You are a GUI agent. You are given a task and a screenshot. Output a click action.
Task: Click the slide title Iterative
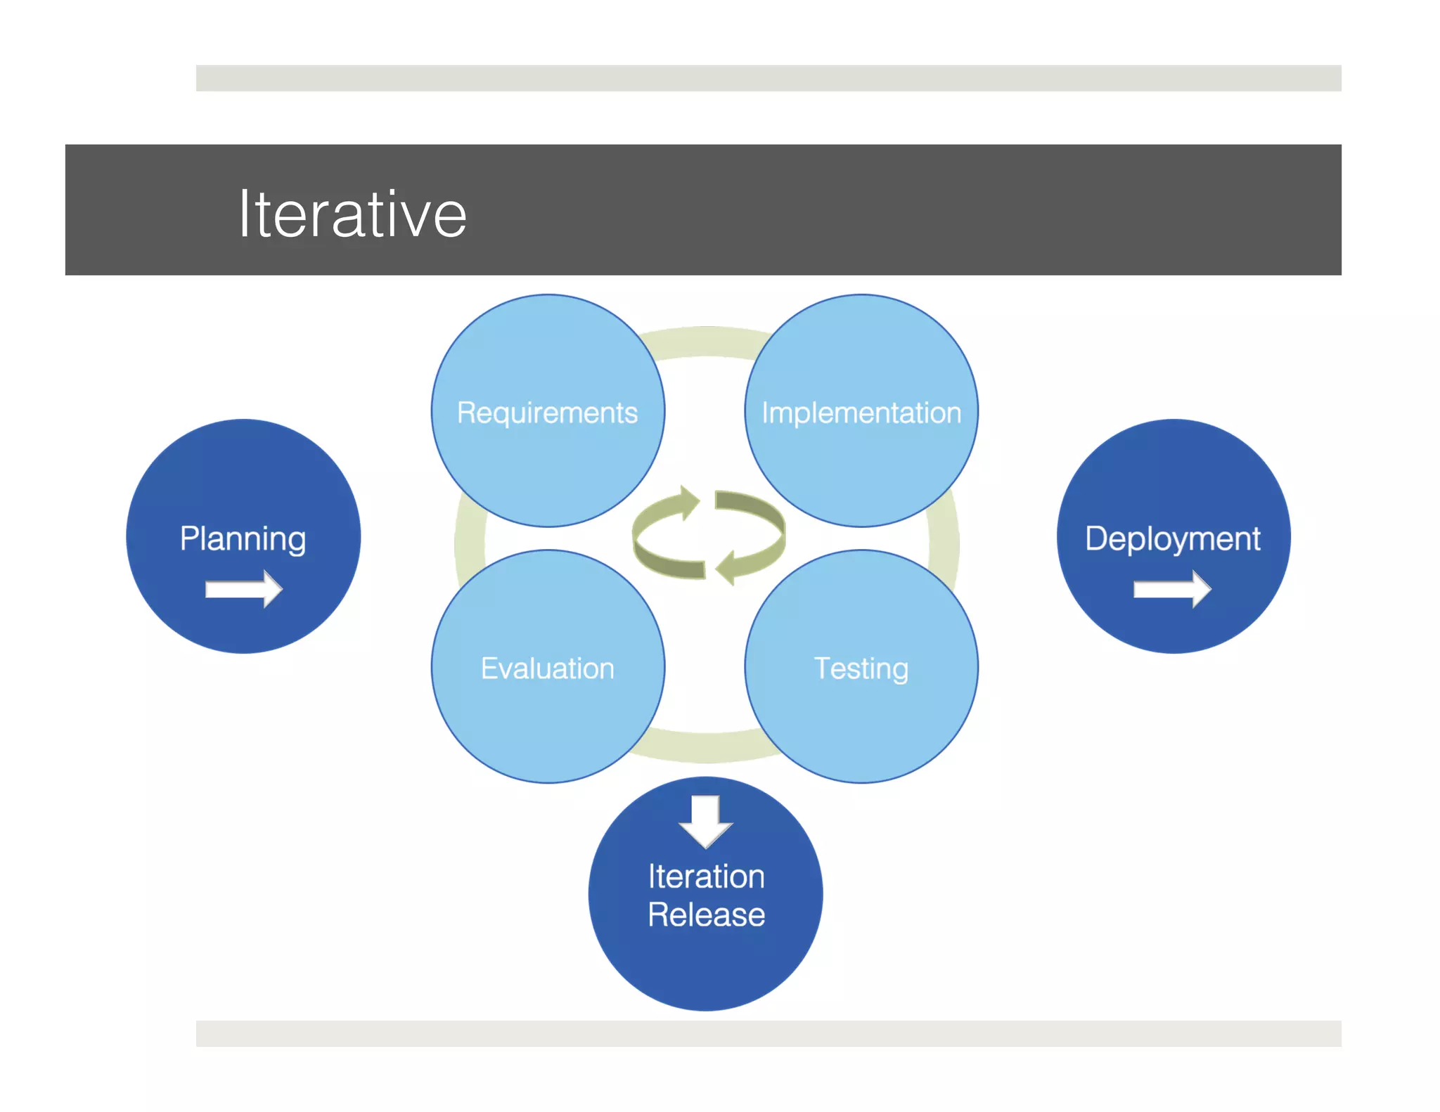[352, 214]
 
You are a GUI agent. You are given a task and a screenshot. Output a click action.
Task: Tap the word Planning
[243, 539]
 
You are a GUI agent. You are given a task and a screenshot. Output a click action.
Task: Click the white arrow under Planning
[243, 589]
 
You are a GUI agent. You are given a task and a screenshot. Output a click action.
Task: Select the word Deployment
[1172, 539]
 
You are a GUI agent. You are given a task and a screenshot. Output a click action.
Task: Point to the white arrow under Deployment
[1172, 589]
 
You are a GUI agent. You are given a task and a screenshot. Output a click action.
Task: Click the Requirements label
[547, 413]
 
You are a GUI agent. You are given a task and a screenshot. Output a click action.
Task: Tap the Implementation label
[861, 413]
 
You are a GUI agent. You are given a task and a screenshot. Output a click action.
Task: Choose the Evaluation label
[547, 668]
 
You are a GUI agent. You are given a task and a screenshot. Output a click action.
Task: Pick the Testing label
[861, 668]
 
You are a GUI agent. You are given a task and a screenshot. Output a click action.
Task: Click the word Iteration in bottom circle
[706, 877]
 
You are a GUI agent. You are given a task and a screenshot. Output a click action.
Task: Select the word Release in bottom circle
[706, 914]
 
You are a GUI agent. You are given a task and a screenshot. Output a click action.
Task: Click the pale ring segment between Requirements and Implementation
[705, 342]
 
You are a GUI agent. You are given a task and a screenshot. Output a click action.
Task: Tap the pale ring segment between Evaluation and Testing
[705, 746]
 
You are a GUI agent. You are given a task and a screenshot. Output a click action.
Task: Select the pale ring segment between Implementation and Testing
[944, 541]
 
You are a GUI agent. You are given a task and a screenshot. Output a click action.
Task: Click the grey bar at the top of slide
[768, 78]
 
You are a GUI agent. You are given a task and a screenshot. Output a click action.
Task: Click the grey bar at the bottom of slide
[768, 1033]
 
